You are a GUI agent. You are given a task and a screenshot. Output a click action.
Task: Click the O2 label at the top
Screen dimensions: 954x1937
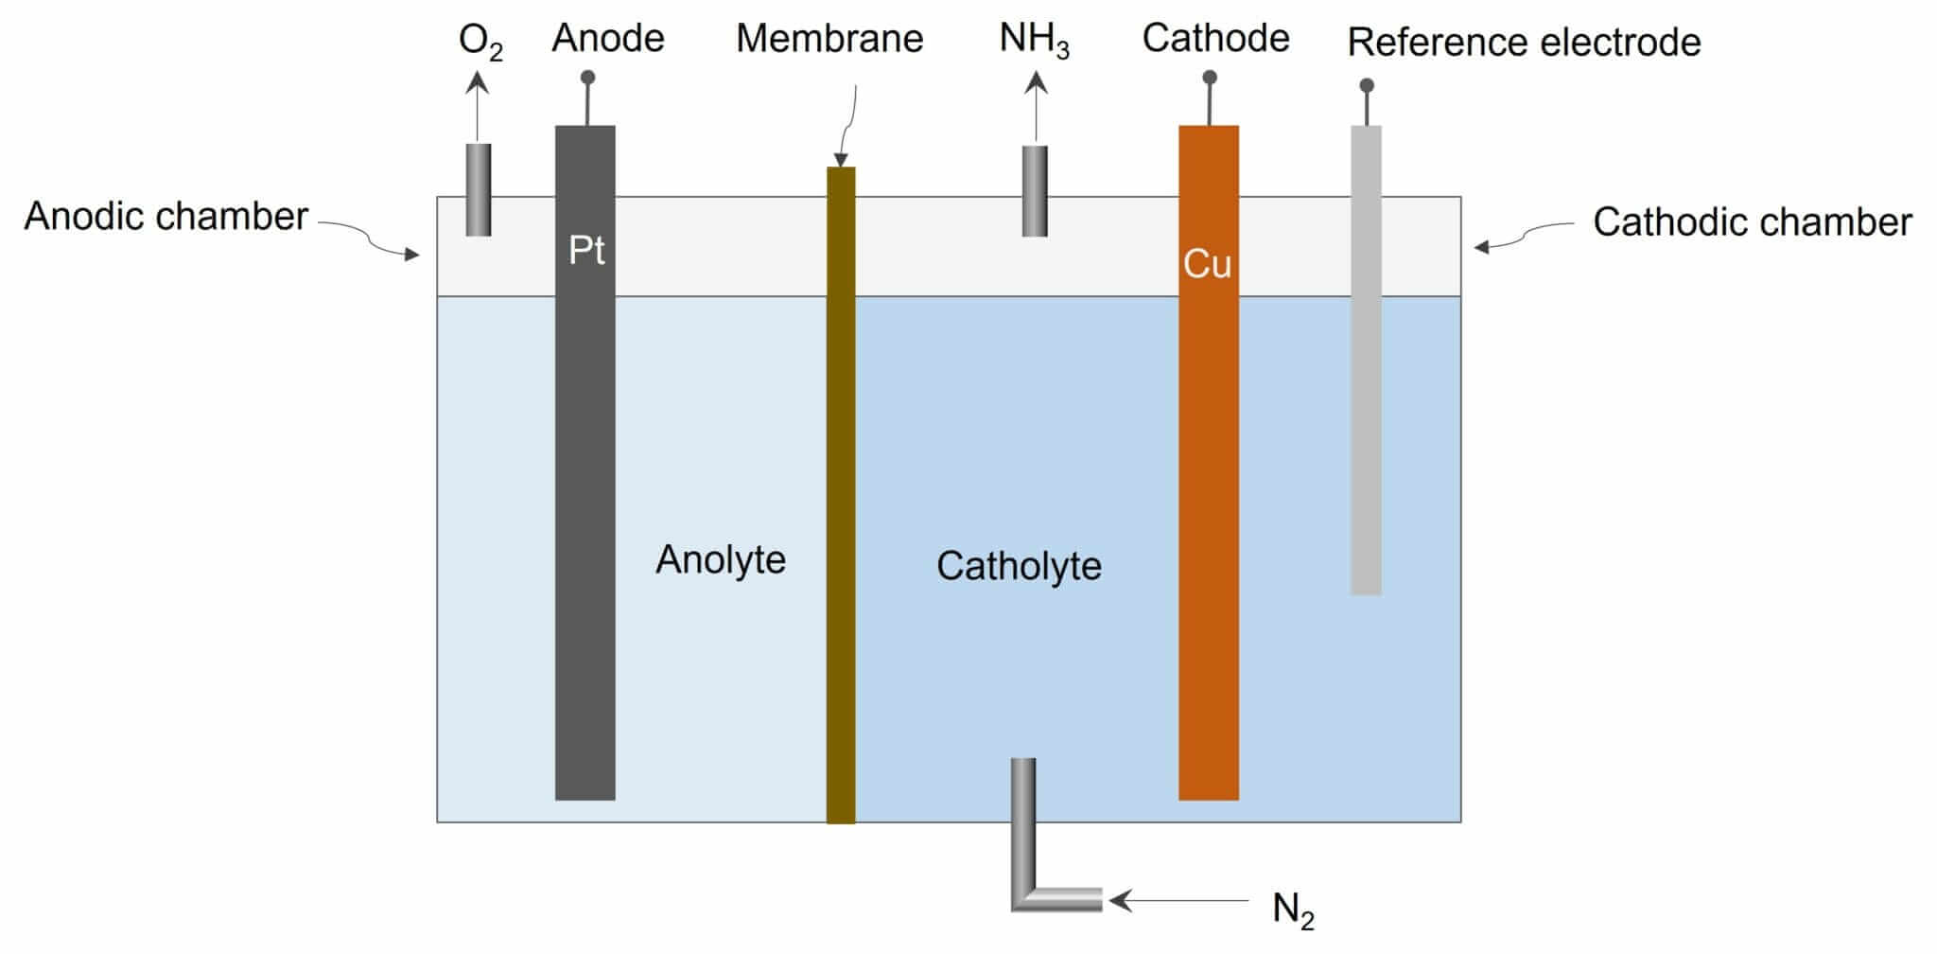tap(480, 43)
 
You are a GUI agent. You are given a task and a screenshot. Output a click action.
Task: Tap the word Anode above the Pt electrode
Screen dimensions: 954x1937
tap(608, 39)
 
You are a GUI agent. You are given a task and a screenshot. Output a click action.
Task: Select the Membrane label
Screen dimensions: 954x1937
tap(829, 39)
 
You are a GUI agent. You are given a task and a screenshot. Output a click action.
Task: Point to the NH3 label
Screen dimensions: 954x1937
tap(1034, 41)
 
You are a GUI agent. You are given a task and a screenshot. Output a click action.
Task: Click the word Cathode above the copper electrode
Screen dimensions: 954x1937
tap(1215, 39)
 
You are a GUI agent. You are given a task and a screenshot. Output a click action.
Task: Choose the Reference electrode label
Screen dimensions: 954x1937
tap(1524, 43)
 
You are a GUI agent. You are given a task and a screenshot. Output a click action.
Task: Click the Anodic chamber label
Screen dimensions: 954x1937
tap(166, 217)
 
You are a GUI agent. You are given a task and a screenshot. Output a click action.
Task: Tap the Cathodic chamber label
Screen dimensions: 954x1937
tap(1752, 222)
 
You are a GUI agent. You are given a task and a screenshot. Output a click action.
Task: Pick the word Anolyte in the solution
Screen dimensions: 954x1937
tap(721, 559)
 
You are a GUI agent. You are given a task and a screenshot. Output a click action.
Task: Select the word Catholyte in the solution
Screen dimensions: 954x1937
tap(1019, 566)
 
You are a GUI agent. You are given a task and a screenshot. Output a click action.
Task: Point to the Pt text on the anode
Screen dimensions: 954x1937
tap(586, 250)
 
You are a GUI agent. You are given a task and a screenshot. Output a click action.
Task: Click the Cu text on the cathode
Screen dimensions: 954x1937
tap(1208, 265)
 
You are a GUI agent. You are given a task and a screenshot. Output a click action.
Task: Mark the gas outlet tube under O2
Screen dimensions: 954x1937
tap(479, 189)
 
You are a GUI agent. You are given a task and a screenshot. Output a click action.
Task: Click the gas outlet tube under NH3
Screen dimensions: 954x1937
tap(1035, 190)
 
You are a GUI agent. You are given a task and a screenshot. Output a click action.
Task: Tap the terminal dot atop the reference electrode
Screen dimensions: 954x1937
tap(1367, 86)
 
